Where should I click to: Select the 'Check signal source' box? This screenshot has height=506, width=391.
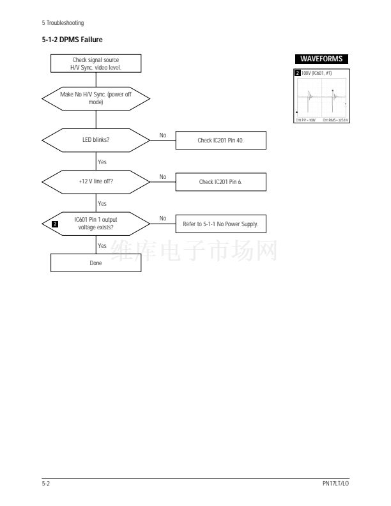pos(95,63)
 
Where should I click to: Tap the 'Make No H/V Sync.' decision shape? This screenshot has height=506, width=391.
pos(95,98)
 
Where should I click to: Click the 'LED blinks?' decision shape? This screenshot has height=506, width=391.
pos(95,139)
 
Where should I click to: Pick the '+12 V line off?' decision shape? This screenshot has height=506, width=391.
pos(95,181)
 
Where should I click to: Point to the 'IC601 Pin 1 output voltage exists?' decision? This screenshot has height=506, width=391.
pos(95,224)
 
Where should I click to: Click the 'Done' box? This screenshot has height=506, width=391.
pos(95,263)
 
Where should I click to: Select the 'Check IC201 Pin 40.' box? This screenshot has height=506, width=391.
pos(220,140)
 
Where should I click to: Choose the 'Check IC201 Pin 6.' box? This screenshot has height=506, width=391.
pos(220,182)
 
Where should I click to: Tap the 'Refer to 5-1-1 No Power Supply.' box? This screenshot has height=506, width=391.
pos(220,224)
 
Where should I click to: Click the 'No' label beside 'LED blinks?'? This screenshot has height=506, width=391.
pos(163,134)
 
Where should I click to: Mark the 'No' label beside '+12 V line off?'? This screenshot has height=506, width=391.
pos(163,176)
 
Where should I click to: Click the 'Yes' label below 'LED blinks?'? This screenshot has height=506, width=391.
pos(102,161)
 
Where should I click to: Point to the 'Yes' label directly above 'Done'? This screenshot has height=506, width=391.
pos(102,245)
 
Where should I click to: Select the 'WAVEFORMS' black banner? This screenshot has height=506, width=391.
pos(321,59)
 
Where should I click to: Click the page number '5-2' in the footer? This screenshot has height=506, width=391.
pos(47,483)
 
